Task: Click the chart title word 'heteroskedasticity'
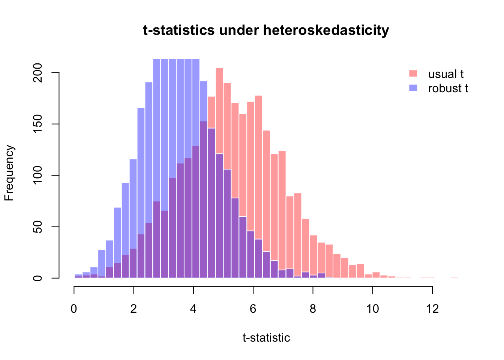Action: pyautogui.click(x=326, y=30)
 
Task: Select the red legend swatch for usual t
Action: pyautogui.click(x=413, y=73)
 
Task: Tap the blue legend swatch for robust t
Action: pyautogui.click(x=413, y=88)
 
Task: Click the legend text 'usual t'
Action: pyautogui.click(x=446, y=74)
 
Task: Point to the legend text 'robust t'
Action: pyautogui.click(x=448, y=88)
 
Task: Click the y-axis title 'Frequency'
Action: pyautogui.click(x=9, y=173)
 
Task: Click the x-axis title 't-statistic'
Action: pyautogui.click(x=266, y=338)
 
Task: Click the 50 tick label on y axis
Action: pyautogui.click(x=38, y=226)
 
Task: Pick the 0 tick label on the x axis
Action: pyautogui.click(x=74, y=309)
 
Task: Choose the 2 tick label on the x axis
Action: pyautogui.click(x=133, y=309)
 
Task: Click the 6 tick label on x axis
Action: pyautogui.click(x=253, y=309)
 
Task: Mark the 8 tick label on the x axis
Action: pyautogui.click(x=313, y=309)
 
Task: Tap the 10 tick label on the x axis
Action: pyautogui.click(x=372, y=309)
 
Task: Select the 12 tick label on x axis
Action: pyautogui.click(x=432, y=309)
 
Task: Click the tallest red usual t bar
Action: pyautogui.click(x=219, y=112)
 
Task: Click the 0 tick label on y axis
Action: pyautogui.click(x=38, y=278)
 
